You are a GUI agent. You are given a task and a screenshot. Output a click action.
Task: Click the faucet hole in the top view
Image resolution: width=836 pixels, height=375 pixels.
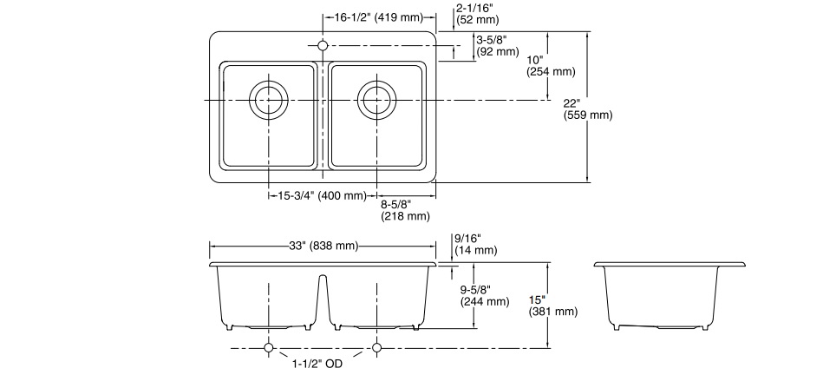(x=323, y=45)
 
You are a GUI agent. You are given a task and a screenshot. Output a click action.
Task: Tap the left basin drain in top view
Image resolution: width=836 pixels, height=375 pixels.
(x=268, y=100)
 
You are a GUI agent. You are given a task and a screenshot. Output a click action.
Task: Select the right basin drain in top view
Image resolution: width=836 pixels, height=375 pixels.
(x=376, y=100)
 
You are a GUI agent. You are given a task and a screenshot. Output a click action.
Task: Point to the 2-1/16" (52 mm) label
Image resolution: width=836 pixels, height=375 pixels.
(x=476, y=13)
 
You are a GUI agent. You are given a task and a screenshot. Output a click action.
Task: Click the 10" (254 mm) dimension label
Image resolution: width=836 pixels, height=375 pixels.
(x=551, y=66)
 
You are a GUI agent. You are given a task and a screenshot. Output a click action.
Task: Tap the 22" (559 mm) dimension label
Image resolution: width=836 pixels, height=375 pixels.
(x=587, y=109)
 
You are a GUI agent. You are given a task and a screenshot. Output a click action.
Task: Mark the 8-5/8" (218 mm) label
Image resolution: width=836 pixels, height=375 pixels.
(x=406, y=210)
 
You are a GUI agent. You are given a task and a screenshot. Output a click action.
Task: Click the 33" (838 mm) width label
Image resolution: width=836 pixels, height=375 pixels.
(x=323, y=246)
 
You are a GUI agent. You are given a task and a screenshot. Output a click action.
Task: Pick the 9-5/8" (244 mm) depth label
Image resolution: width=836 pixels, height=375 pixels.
(x=484, y=295)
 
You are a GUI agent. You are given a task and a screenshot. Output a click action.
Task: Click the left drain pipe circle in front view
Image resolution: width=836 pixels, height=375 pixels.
(x=268, y=348)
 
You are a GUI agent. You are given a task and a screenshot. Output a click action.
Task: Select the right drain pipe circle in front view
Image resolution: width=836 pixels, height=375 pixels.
(x=376, y=348)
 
